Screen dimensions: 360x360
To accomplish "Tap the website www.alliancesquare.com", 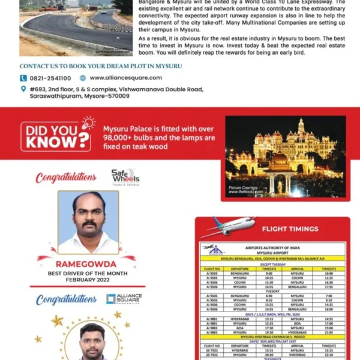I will pos(125,78).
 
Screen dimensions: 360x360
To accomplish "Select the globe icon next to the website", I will pos(83,78).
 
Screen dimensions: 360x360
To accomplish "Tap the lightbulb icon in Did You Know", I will pos(88,124).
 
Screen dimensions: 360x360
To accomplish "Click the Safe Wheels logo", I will pos(125,176).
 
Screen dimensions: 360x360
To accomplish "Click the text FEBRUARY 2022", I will pos(88,279).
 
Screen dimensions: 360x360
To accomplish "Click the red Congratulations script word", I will pos(66,178).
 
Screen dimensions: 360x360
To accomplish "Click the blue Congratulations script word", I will pos(66,299).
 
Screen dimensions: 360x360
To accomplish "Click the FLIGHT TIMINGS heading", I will pos(290,229).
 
